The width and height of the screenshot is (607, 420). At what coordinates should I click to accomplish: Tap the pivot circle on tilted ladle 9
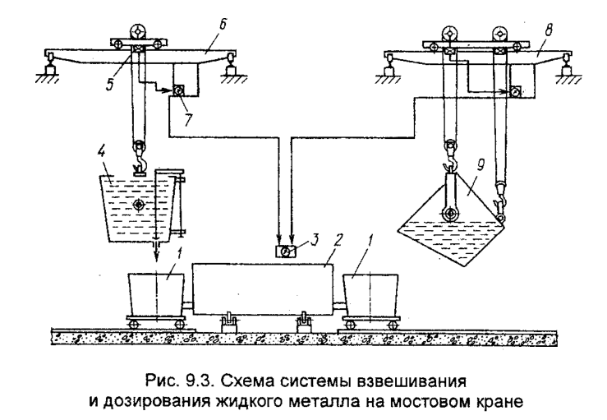coord(448,215)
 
